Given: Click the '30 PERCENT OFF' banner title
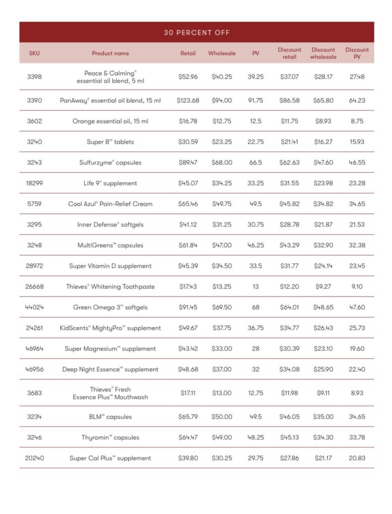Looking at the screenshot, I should (x=197, y=32).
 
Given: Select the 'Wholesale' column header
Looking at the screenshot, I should (x=221, y=53).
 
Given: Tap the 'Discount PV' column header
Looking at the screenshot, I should (x=357, y=53).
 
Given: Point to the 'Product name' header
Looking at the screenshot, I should (x=110, y=53).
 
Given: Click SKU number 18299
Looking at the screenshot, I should (x=34, y=183).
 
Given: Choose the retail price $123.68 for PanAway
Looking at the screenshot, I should (x=188, y=100).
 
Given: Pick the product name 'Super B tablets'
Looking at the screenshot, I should (x=110, y=142).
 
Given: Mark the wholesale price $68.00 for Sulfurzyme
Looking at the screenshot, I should (x=221, y=162).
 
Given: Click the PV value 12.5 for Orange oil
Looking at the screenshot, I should (x=255, y=121).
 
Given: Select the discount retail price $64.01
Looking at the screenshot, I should (x=289, y=307).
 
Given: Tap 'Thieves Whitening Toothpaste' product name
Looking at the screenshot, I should (x=110, y=287).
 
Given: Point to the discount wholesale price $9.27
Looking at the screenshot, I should (x=323, y=287).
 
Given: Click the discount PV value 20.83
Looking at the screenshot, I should (x=357, y=458).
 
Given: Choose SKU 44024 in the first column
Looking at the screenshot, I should (x=34, y=307).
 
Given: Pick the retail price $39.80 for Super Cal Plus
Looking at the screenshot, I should (x=188, y=458).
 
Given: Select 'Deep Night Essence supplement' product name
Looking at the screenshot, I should (x=110, y=369).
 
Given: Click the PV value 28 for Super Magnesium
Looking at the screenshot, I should (x=255, y=349).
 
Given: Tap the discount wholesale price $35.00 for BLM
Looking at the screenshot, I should (x=323, y=417).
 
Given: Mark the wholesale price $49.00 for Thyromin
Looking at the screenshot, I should (x=221, y=437).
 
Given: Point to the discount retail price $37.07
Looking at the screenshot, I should (x=289, y=77).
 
